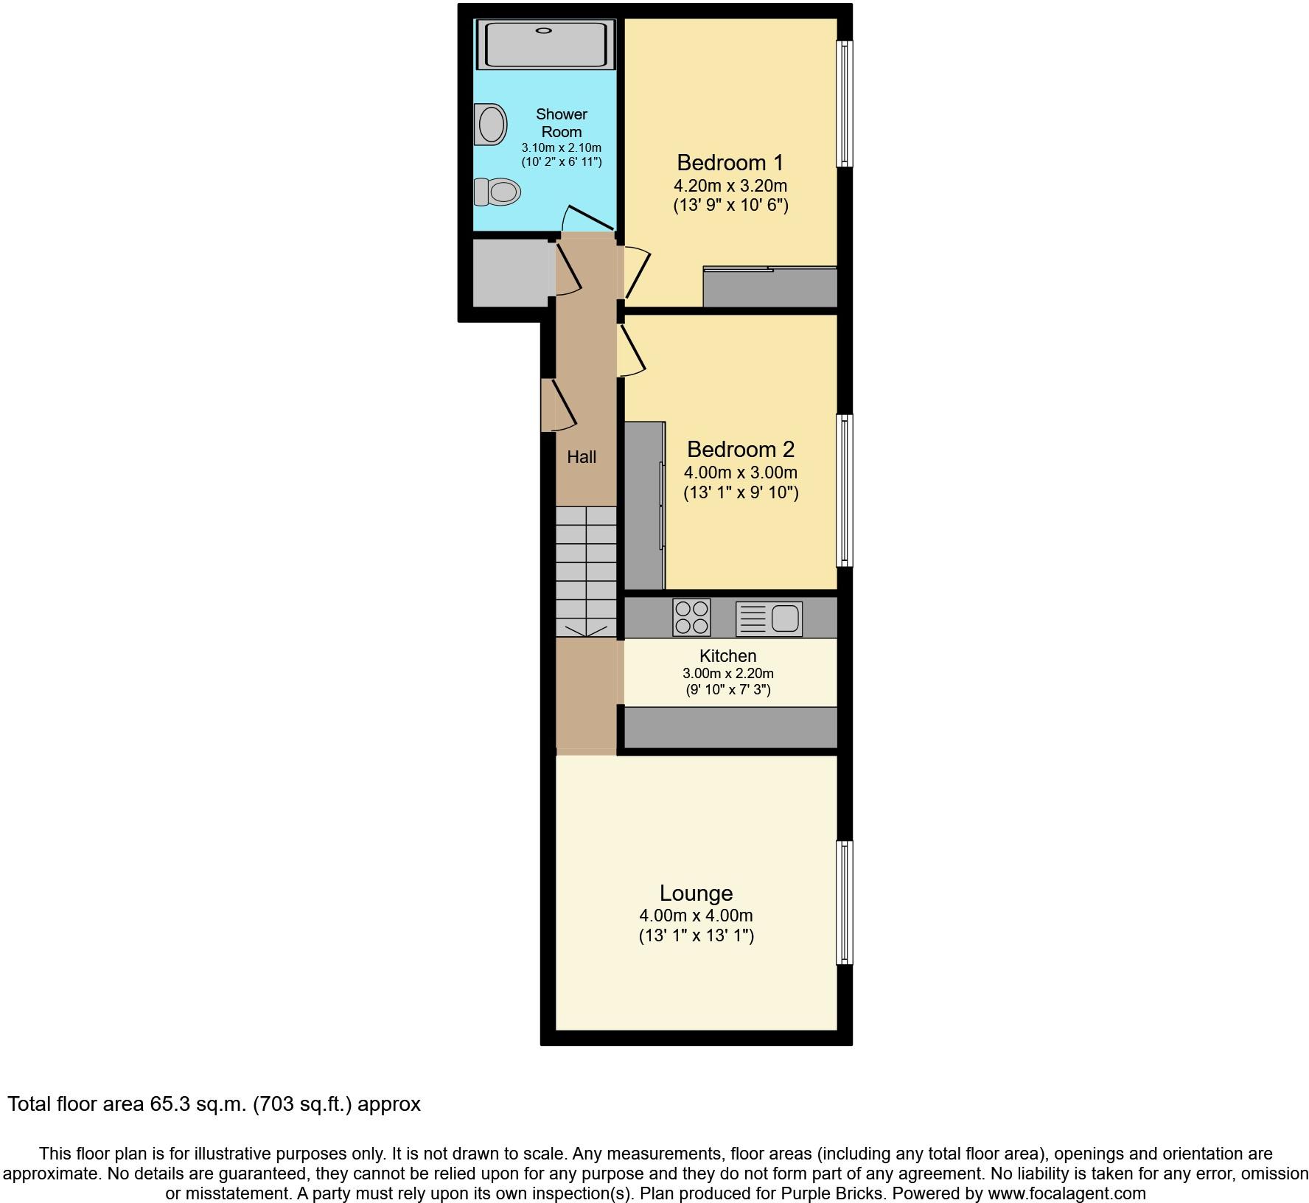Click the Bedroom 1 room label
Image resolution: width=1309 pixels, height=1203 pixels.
tap(730, 163)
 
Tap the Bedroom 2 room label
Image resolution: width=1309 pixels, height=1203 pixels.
tap(740, 449)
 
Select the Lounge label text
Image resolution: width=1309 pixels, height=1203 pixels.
tap(696, 893)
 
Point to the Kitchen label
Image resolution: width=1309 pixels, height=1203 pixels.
tap(727, 656)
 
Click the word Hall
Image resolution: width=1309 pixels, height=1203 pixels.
tap(582, 457)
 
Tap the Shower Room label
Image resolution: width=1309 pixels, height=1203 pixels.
tap(562, 123)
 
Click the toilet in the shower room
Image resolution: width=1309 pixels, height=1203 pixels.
tap(498, 192)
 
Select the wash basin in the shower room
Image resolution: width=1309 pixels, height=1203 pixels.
tap(492, 124)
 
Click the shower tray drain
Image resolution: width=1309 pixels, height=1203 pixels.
tap(544, 30)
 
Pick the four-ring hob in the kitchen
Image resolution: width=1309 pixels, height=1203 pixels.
tap(691, 618)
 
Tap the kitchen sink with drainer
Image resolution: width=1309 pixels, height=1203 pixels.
tap(769, 618)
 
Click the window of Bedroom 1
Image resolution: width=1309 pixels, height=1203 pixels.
tap(845, 103)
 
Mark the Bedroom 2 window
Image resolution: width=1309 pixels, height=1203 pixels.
tap(845, 490)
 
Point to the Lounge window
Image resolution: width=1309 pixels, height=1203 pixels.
tap(845, 902)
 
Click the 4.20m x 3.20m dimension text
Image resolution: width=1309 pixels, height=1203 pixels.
tap(730, 186)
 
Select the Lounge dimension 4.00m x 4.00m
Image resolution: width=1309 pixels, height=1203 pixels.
tap(696, 916)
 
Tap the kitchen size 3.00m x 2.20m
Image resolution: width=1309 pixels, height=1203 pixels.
tap(727, 673)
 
